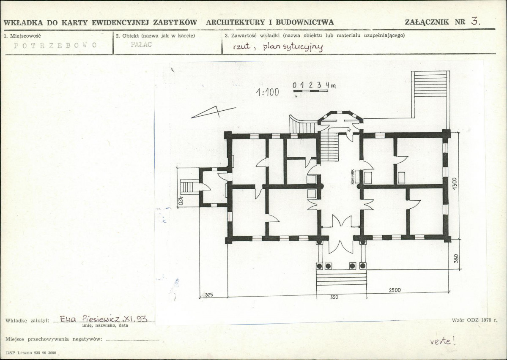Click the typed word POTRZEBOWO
click(55, 45)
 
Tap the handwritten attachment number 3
click(475, 21)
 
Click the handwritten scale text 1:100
click(267, 93)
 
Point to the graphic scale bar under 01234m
click(311, 91)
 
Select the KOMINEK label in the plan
click(352, 177)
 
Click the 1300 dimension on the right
click(455, 185)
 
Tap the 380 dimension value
click(456, 259)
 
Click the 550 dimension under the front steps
click(334, 297)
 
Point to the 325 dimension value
click(209, 295)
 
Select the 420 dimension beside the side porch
click(181, 201)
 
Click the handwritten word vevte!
click(443, 341)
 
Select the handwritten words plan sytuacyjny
click(293, 47)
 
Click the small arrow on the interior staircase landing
click(349, 130)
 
